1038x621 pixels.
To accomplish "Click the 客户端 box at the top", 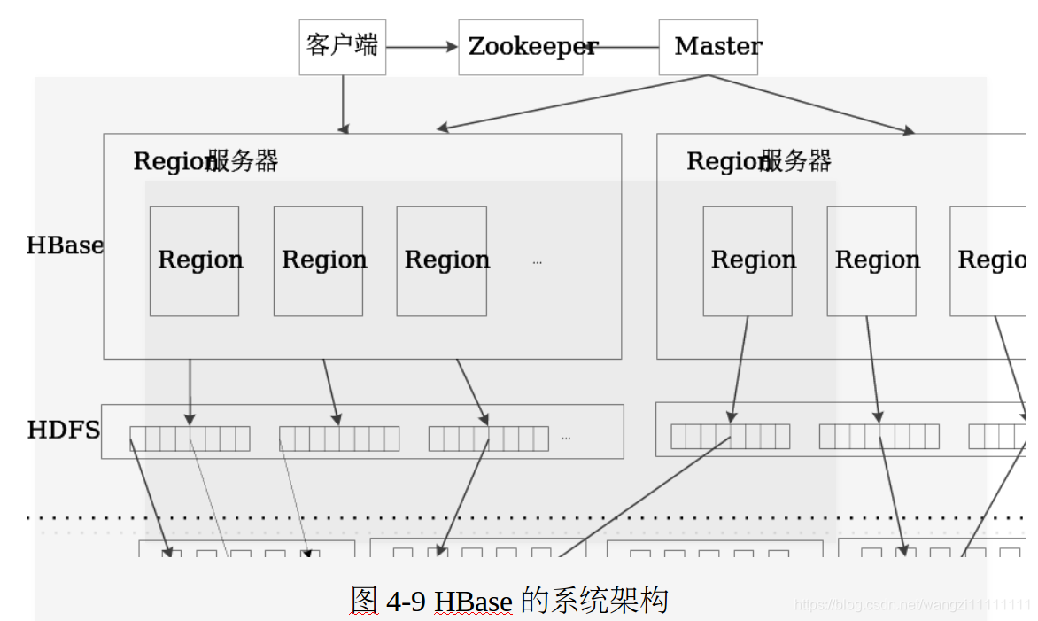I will (342, 47).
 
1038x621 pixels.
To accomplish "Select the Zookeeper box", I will (521, 47).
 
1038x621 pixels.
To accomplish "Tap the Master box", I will (708, 47).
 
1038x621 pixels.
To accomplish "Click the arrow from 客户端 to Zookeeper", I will (422, 47).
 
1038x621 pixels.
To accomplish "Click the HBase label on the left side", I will (65, 245).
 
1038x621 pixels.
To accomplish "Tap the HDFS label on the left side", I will (64, 431).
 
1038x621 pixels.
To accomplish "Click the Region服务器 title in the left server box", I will (205, 161).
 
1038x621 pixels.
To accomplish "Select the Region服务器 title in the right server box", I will (759, 161).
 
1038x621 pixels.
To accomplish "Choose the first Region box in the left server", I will (194, 260).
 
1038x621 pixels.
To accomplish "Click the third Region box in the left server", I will (441, 260).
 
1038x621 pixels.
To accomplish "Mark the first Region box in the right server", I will (748, 260).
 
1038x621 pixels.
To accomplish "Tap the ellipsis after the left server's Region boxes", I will (537, 262).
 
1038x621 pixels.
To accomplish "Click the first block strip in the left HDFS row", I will (190, 439).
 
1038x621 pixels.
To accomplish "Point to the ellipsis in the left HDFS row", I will (566, 438).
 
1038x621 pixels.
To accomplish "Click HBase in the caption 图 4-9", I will (474, 602).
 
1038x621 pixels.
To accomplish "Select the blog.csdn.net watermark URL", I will (912, 605).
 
